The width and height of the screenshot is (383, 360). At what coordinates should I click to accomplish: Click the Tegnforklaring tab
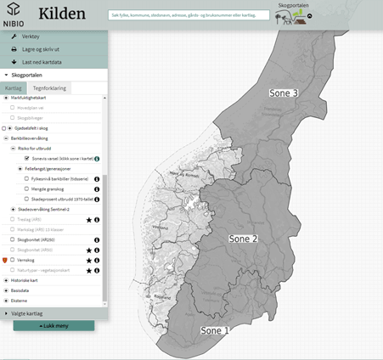click(x=50, y=87)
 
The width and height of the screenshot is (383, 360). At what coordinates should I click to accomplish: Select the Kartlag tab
click(x=13, y=87)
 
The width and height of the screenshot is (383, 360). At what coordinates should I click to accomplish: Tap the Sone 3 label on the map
click(x=283, y=93)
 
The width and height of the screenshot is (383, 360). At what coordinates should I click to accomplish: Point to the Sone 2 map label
click(x=244, y=239)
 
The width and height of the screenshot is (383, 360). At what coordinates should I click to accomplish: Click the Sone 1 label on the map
click(x=215, y=329)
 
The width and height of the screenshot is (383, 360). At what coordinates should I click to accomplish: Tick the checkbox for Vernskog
click(x=13, y=260)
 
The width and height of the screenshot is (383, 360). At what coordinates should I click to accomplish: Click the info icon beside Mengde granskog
click(x=97, y=188)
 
